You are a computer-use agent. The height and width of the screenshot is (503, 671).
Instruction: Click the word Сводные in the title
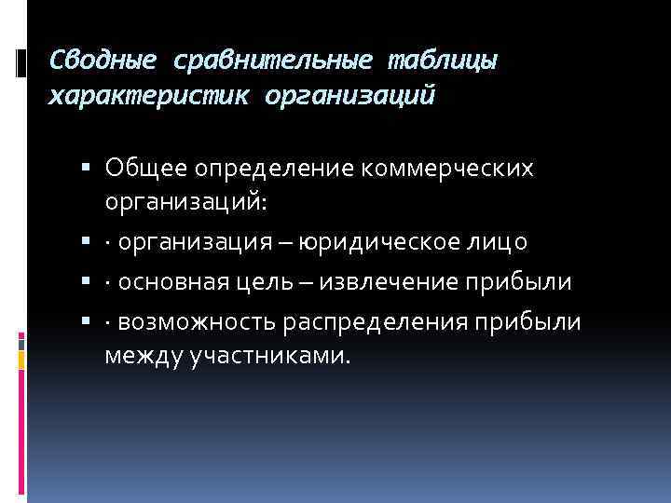coord(103,61)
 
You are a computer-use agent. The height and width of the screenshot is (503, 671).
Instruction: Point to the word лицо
coord(497,243)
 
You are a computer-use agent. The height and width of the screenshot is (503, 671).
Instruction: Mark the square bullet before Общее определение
coord(86,168)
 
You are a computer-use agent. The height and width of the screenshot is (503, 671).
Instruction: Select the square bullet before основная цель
coord(86,282)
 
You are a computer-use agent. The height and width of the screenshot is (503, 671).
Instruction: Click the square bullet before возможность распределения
coord(86,321)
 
